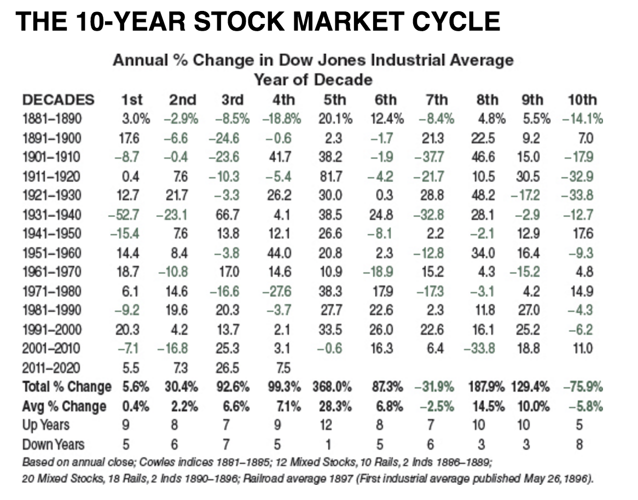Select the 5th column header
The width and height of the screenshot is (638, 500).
[334, 100]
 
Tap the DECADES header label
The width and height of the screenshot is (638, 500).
[58, 100]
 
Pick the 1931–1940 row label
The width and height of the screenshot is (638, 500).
[51, 215]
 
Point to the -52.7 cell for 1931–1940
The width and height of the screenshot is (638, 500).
[124, 215]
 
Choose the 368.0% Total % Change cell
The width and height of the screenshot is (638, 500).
[332, 387]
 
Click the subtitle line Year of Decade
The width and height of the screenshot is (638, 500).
[313, 80]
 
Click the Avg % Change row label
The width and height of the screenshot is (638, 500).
[64, 406]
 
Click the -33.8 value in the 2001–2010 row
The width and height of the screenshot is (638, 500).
[480, 348]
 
